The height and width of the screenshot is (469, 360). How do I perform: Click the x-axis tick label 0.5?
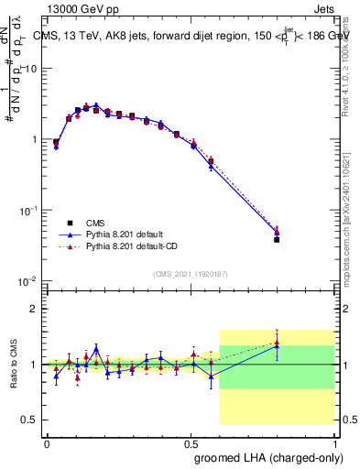pyautogui.click(x=190, y=442)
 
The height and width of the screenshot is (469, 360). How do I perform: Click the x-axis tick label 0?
pyautogui.click(x=47, y=442)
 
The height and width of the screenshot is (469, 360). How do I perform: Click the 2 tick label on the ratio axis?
pyautogui.click(x=38, y=309)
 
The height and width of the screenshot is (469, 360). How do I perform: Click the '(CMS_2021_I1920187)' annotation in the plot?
pyautogui.click(x=190, y=273)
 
